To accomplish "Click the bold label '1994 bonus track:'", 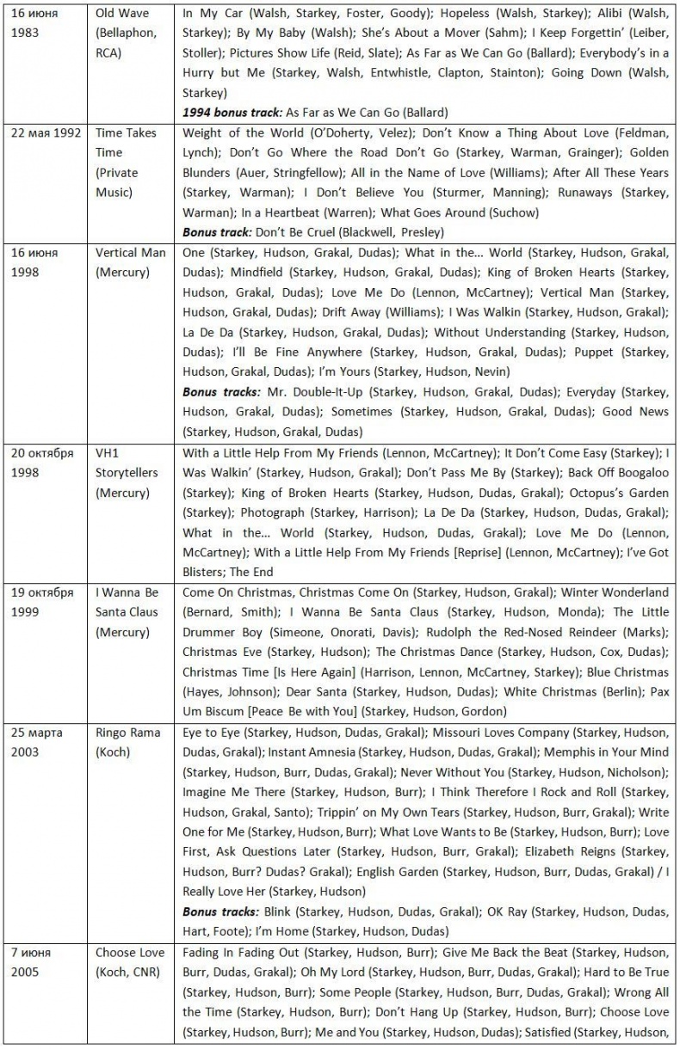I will pyautogui.click(x=232, y=113).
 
